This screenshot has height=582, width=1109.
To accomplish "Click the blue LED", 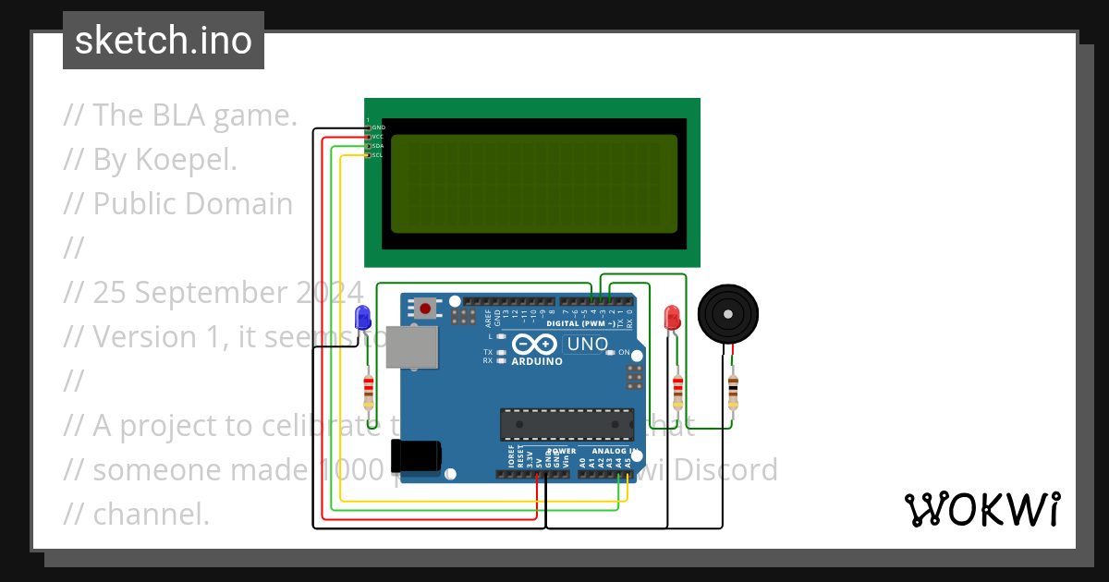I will point(363,318).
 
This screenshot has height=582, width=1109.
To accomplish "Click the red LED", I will point(672,318).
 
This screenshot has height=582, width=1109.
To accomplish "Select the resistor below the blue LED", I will point(369,392).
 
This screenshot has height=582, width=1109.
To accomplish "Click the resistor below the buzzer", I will point(733,392).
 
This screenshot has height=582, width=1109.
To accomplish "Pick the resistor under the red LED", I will point(678,392).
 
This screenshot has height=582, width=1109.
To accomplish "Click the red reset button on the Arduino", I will point(425,308).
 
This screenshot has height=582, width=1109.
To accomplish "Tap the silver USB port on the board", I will point(411,347).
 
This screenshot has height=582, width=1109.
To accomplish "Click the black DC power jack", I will point(416,458).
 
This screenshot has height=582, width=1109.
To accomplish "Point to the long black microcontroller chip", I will point(567,423).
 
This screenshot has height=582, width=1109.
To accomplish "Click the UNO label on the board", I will point(587,345).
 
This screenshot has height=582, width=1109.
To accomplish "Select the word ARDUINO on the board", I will point(536,361).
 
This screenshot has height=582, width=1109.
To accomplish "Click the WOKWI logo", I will point(981,509).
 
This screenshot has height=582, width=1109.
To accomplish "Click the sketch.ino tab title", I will point(164,41).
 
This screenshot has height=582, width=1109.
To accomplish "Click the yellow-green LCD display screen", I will point(533,183).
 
